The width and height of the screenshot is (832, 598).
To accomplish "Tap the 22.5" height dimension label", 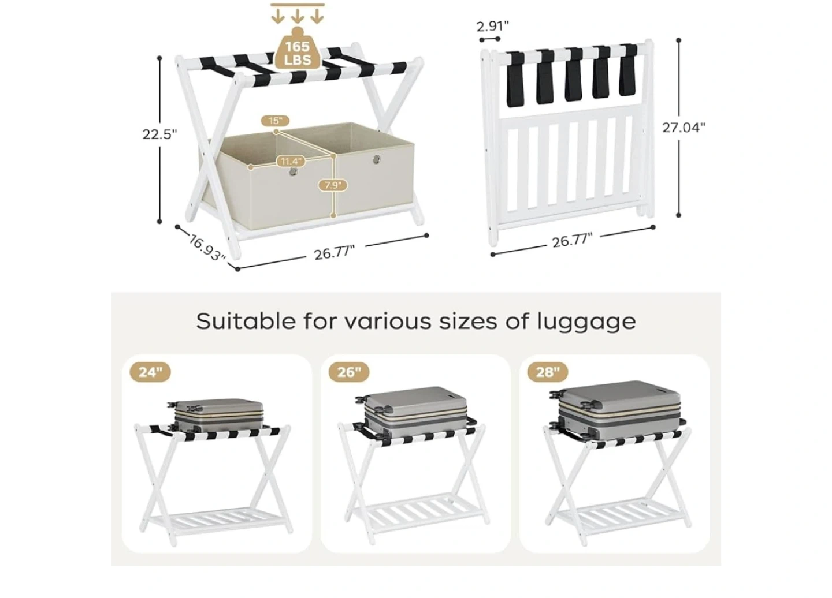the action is [x=160, y=134].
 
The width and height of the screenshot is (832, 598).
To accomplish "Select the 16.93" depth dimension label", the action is [x=206, y=248].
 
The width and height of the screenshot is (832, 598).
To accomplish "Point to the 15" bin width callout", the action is [x=275, y=121].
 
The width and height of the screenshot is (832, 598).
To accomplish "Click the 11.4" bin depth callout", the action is [x=291, y=162].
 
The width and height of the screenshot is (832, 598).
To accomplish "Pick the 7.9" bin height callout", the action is [x=333, y=185].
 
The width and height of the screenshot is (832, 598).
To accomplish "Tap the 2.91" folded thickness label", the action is [x=492, y=26].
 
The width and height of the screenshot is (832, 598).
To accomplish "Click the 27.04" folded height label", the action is [x=684, y=128].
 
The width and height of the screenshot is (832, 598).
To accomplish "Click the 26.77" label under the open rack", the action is [x=335, y=253].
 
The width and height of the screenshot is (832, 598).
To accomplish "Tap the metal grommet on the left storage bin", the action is [x=294, y=172].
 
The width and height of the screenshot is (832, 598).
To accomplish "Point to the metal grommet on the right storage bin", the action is [x=377, y=159].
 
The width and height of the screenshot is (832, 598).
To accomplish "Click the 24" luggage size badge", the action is [x=150, y=372].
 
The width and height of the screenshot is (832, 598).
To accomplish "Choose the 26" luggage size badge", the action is [x=349, y=372].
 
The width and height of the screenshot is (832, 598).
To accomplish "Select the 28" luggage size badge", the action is [x=548, y=372].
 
